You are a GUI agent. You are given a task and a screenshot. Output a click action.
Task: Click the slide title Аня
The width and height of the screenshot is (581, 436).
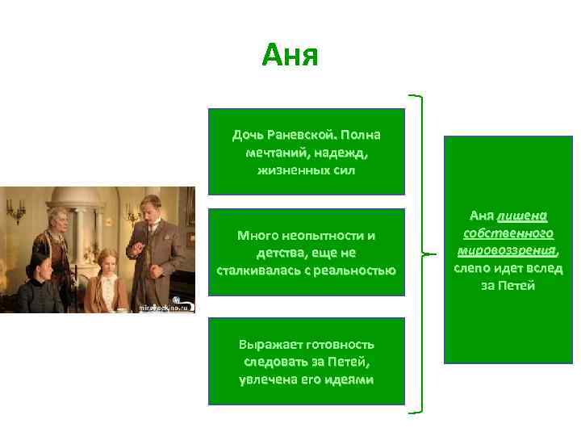pyautogui.click(x=290, y=56)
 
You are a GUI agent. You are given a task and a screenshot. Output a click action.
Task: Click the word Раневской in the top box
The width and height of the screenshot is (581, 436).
pyautogui.click(x=303, y=134)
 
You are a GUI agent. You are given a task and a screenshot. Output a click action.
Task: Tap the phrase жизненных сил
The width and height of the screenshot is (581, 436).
pyautogui.click(x=306, y=170)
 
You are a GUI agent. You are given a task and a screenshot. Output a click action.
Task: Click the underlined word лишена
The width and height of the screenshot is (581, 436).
pyautogui.click(x=523, y=216)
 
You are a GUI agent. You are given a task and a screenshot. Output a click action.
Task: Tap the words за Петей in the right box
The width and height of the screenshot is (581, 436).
pyautogui.click(x=508, y=285)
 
